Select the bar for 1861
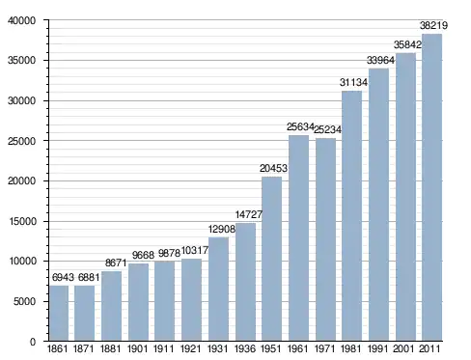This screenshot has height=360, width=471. point(59,313)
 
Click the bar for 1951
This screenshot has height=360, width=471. point(272,259)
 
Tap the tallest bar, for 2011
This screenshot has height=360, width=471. point(432,187)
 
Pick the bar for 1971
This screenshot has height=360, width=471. point(325,239)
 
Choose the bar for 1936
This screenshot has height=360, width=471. point(245,282)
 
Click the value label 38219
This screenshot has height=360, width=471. point(433,25)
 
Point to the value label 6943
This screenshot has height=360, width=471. point(63,277)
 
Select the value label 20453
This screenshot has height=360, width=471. point(273,168)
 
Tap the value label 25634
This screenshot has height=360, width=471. point(300,126)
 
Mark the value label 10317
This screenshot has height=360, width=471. point(195,250)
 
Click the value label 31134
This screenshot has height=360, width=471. point(353,82)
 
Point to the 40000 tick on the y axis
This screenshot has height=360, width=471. point(22,20)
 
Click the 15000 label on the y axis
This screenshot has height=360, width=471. point(22,221)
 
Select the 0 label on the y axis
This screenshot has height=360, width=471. point(33,342)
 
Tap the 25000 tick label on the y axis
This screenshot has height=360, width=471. point(22,141)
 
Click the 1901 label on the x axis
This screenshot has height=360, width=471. point(137,348)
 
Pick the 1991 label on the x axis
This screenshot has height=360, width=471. point(377,348)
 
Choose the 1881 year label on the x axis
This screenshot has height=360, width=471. point(110,348)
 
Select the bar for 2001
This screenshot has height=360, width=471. point(405,197)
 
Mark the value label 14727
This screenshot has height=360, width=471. point(249,214)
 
